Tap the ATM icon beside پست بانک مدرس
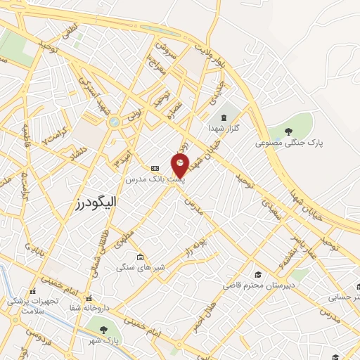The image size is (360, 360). tap(155, 168)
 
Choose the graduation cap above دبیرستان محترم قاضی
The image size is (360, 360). tap(259, 274)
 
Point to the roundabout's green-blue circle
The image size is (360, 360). tap(114, 122)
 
